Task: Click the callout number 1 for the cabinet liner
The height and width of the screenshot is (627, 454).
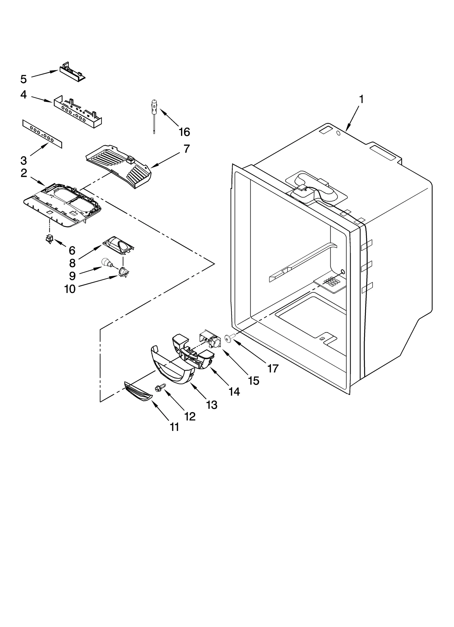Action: pos(361,99)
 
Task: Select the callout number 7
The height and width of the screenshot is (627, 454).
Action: pos(186,148)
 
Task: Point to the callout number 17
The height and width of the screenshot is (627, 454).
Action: pos(273,368)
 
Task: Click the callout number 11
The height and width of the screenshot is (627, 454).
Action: pos(174,435)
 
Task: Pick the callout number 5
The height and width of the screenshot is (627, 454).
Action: pos(24,79)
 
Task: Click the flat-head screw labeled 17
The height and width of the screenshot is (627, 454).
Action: pos(228,337)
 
